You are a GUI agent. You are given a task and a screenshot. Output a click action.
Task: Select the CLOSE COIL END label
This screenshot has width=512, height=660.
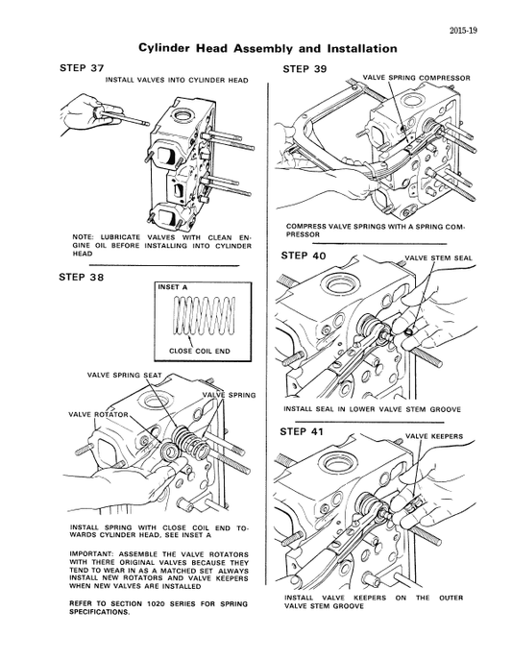(x=201, y=352)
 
